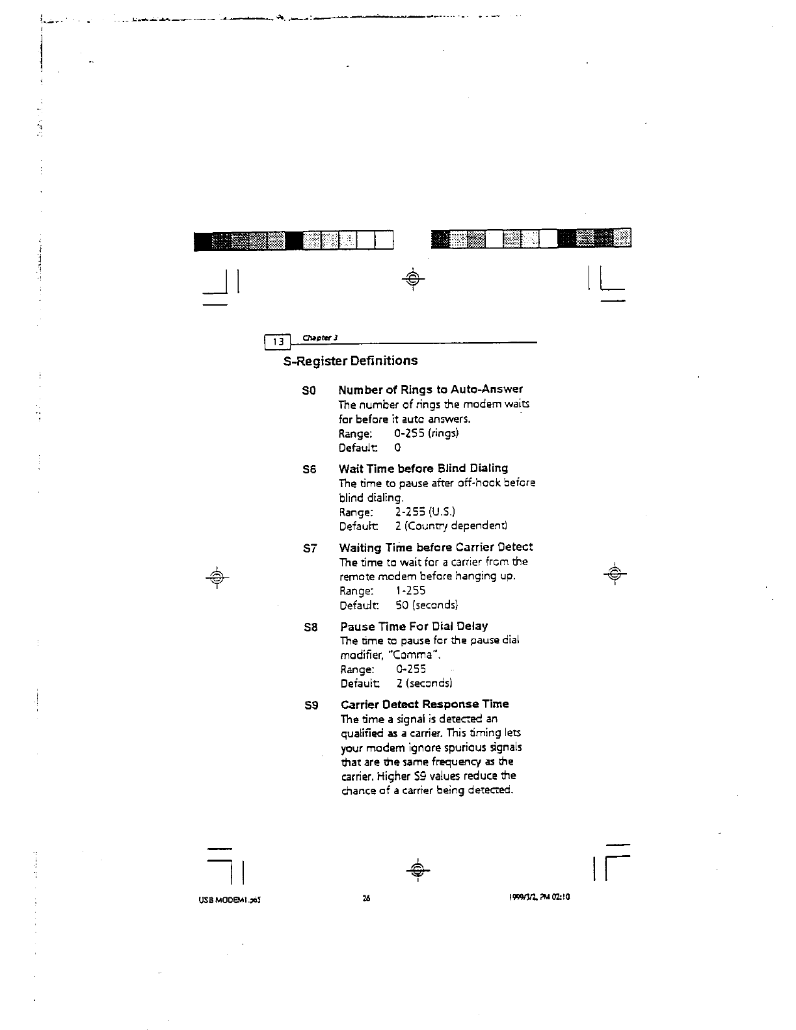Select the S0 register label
point(309,391)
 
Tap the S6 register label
point(310,469)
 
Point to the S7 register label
point(310,548)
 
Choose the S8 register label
point(311,627)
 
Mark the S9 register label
point(311,705)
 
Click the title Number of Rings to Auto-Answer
point(431,390)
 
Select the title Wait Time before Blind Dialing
point(423,468)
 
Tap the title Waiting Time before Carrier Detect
point(436,548)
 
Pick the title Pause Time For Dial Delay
point(414,626)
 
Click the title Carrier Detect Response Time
point(425,704)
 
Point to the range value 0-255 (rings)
point(427,434)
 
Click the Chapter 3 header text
point(318,337)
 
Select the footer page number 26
point(366,898)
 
